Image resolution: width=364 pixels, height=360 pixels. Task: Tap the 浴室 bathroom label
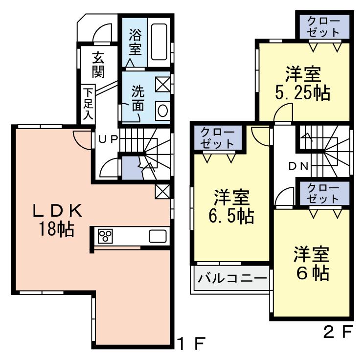(135, 42)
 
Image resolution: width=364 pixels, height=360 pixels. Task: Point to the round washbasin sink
(163, 110)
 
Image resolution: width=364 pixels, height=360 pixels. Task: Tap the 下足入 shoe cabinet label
(88, 103)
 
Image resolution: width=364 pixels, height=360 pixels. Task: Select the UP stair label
(109, 138)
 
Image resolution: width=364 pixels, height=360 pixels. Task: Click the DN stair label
(298, 166)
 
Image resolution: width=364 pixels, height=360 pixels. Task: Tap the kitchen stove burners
(105, 236)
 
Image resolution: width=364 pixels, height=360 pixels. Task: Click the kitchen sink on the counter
(158, 236)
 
